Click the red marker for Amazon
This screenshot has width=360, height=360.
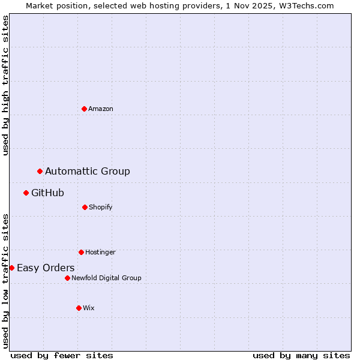coord(84,109)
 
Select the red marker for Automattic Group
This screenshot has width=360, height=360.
coord(40,172)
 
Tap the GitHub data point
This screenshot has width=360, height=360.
coord(26,193)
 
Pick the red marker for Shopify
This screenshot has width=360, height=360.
coord(85,207)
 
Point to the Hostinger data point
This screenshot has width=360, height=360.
coord(81,252)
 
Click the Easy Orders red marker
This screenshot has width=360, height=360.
coord(11,268)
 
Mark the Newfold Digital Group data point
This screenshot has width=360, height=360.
coord(67,278)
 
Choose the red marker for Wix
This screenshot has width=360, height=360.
coord(79,308)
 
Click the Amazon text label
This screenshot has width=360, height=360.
coord(101,109)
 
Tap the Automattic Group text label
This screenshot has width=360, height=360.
coord(88,172)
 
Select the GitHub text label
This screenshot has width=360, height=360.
coord(47,193)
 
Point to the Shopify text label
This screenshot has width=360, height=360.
coord(101,207)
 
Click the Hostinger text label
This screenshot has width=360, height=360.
coord(100,252)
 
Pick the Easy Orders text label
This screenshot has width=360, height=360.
coord(46,268)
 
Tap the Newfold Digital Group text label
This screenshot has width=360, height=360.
coord(106,278)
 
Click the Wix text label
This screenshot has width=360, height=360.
coord(89,308)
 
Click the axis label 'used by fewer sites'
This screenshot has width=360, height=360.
coord(62,355)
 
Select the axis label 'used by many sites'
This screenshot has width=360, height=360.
coord(301,355)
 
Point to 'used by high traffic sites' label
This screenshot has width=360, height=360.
coord(5,85)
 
